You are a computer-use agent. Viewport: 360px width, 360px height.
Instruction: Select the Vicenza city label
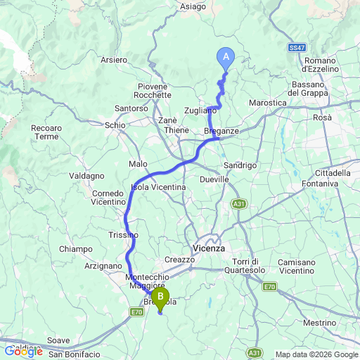pyautogui.click(x=208, y=248)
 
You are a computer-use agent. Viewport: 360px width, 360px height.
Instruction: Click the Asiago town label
pyautogui.click(x=193, y=6)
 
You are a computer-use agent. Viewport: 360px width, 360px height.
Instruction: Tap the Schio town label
pyautogui.click(x=115, y=124)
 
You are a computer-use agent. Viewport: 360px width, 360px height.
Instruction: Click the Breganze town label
pyautogui.click(x=222, y=131)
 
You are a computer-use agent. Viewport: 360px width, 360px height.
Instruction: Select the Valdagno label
pyautogui.click(x=89, y=175)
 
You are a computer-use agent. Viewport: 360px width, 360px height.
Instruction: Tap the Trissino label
pyautogui.click(x=123, y=234)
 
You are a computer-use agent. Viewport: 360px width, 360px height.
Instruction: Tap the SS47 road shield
pyautogui.click(x=296, y=47)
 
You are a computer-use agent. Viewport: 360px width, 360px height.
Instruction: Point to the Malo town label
pyautogui.click(x=138, y=164)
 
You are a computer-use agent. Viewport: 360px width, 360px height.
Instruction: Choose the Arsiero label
pyautogui.click(x=113, y=60)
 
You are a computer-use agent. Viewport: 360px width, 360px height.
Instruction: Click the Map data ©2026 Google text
pyautogui.click(x=316, y=354)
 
